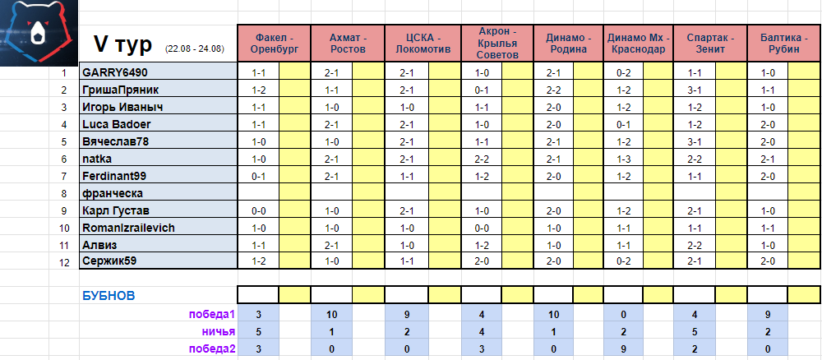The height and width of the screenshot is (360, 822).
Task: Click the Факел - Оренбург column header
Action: (275, 44)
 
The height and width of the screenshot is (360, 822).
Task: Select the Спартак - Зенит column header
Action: (710, 44)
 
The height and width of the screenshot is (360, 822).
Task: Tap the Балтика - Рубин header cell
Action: (783, 44)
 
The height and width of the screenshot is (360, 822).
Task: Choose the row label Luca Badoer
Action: (117, 124)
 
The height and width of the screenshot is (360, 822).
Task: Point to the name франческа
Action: (113, 193)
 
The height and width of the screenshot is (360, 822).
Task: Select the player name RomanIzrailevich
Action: (128, 228)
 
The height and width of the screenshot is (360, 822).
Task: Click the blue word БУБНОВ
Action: (109, 296)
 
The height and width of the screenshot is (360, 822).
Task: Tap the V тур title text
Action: (122, 45)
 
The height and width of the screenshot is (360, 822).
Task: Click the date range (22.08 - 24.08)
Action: (194, 48)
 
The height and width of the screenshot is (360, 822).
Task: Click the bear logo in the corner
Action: (39, 33)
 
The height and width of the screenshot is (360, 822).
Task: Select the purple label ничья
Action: (219, 331)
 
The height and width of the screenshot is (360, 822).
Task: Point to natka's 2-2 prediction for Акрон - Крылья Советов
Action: (481, 159)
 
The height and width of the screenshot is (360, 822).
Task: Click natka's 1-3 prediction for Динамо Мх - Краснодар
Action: (624, 159)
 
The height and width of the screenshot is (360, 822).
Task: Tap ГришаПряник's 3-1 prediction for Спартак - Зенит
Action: (695, 90)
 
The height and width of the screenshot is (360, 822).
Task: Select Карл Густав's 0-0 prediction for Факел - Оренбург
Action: (258, 210)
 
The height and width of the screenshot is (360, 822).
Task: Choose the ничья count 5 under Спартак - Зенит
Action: (695, 331)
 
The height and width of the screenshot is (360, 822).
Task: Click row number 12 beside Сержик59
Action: (64, 263)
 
